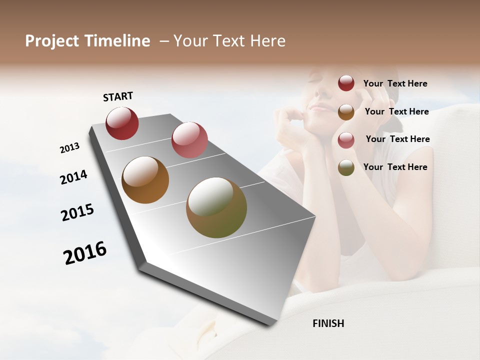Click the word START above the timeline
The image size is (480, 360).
[x=118, y=96]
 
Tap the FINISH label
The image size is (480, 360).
[x=328, y=323]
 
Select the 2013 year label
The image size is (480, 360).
[x=69, y=148]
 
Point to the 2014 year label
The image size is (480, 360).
[x=73, y=177]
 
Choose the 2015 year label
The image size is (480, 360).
[x=77, y=212]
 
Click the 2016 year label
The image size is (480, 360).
[x=85, y=252]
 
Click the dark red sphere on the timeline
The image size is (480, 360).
[x=122, y=123]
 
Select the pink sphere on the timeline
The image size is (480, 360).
[x=189, y=139]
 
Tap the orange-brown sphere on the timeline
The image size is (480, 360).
[x=145, y=180]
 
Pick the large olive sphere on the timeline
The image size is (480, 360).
[x=216, y=207]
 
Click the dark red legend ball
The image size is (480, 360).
[x=346, y=83]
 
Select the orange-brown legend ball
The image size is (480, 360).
[x=346, y=111]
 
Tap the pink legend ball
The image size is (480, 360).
[x=346, y=139]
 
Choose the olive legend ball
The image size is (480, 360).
[x=346, y=167]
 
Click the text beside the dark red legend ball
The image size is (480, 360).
[x=395, y=83]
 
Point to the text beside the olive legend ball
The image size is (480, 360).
[x=395, y=167]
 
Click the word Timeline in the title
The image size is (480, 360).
[x=117, y=41]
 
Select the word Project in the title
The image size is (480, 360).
[x=52, y=41]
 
